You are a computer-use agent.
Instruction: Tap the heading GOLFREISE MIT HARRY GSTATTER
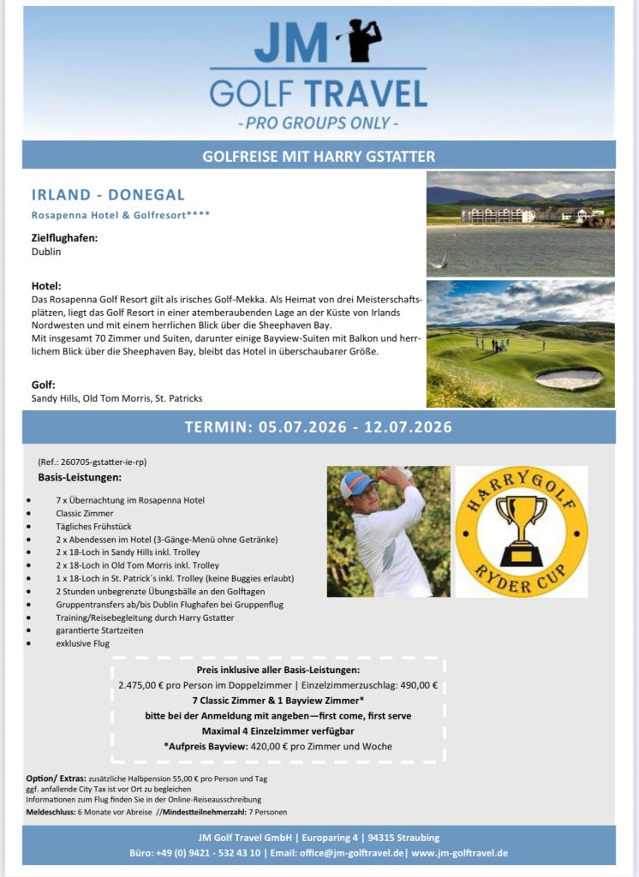pos(319,157)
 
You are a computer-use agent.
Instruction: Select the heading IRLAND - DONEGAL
pos(108,195)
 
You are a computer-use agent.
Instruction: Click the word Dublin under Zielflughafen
pos(46,253)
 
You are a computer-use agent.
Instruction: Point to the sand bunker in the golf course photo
pos(568,378)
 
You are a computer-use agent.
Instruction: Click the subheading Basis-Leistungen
pos(80,476)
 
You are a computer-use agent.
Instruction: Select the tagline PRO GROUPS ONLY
pos(319,122)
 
